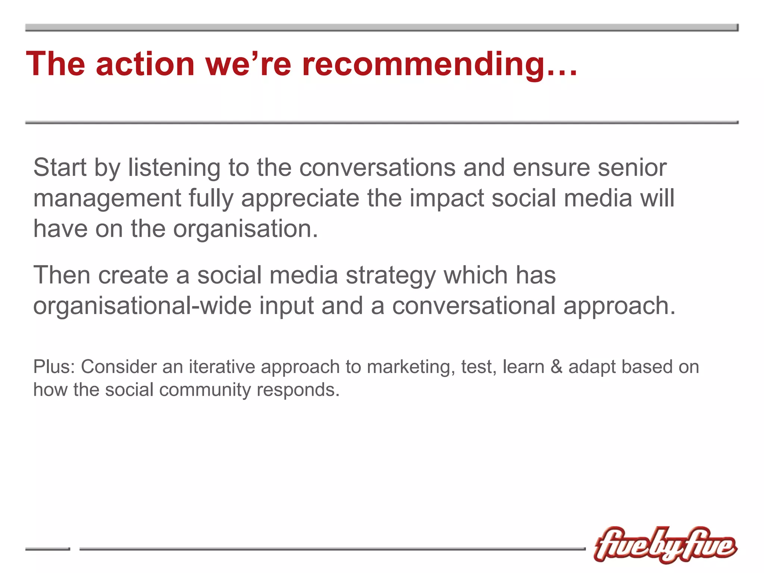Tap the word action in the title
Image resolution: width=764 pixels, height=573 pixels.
[x=145, y=64]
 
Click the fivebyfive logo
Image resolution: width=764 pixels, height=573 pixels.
[x=665, y=545]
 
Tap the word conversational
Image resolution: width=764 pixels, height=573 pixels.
[x=474, y=306]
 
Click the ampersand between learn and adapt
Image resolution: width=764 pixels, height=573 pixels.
[x=556, y=366]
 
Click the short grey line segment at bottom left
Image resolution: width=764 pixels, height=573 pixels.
[x=47, y=549]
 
